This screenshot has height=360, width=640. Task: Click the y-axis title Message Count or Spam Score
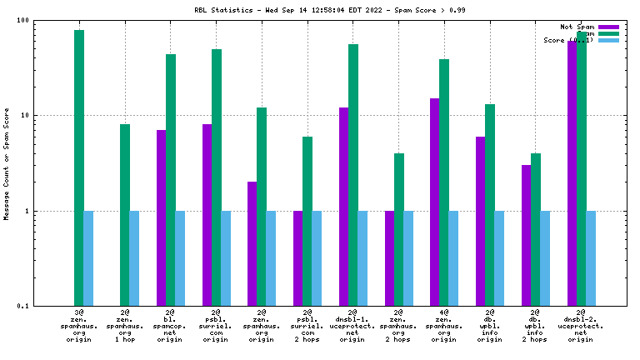7,163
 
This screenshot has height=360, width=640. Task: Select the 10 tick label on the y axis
25,116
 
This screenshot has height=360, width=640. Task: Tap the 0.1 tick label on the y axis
22,307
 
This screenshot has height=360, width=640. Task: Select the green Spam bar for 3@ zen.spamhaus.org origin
79,167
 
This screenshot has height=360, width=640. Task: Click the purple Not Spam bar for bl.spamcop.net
161,217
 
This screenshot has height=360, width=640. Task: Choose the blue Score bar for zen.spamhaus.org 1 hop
134,258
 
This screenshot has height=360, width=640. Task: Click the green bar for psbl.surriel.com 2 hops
307,221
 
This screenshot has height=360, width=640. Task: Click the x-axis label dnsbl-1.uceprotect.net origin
352,326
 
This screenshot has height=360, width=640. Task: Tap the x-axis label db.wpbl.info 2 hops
536,326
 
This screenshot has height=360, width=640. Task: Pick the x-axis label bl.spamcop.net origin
170,326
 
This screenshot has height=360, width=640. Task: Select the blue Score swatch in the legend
608,40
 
